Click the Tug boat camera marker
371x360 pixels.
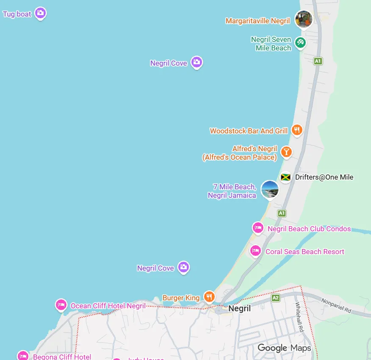coord(40,13)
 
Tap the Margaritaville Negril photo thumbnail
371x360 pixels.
coord(303,19)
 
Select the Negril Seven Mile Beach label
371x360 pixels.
coord(271,44)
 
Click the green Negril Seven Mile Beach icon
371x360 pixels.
coord(300,42)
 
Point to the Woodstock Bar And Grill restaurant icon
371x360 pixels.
coord(297,130)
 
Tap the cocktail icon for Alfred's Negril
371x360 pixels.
coord(287,152)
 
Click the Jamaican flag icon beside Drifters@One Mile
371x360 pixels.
coord(285,177)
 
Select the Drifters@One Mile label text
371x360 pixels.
coord(324,177)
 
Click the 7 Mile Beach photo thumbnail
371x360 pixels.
coord(270,189)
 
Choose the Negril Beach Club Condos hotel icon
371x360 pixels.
coord(258,227)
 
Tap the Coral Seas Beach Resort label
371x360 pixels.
coord(305,252)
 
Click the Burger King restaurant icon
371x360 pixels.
coord(209,296)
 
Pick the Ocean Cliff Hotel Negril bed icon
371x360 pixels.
coord(61,305)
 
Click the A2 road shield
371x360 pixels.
coord(276,298)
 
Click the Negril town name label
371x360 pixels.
coord(239,308)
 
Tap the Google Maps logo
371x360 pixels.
coord(284,348)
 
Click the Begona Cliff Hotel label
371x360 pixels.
coord(62,357)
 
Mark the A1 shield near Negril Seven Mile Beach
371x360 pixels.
coord(318,61)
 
